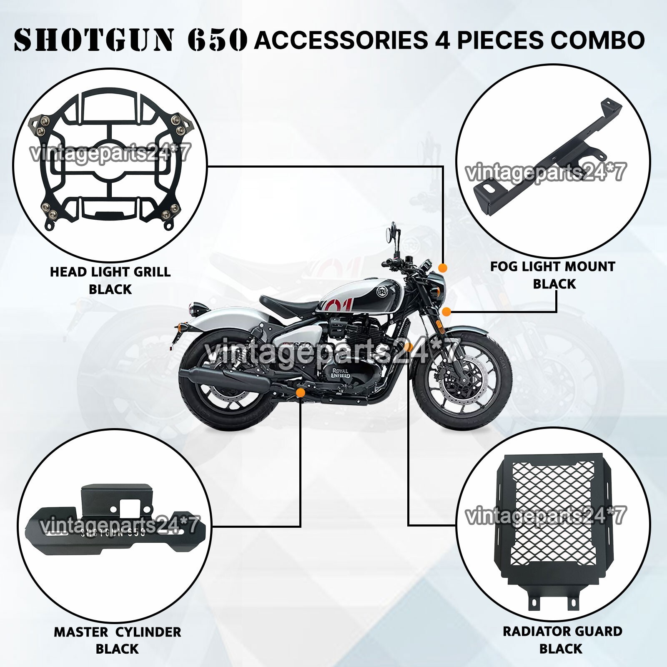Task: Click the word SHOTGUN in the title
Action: tap(93, 40)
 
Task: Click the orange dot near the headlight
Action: tap(443, 268)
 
